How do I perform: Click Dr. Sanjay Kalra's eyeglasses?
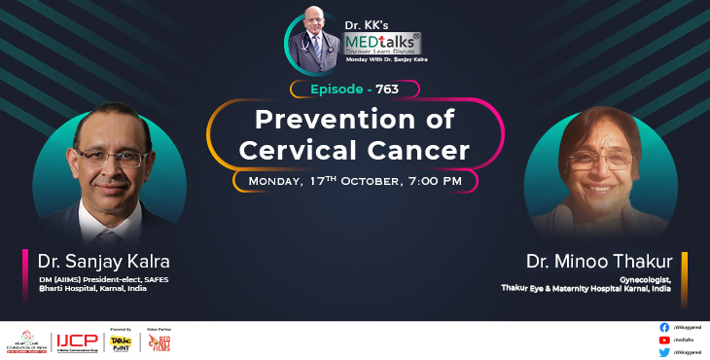[x=107, y=157]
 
